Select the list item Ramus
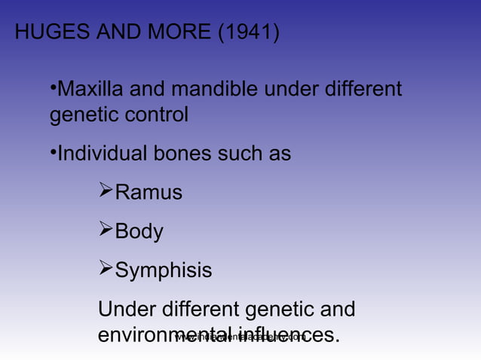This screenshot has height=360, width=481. point(148,193)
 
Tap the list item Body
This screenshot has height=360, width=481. point(139,232)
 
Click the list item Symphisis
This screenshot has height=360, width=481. point(163,270)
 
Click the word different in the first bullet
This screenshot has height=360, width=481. point(364,90)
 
